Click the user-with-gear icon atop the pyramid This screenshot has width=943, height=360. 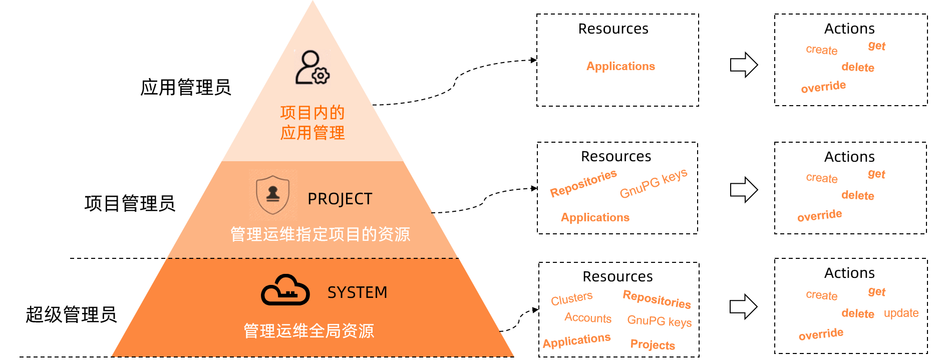click(x=312, y=67)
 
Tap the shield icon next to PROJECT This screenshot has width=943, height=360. click(x=272, y=194)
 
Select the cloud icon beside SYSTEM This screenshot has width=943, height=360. click(x=285, y=290)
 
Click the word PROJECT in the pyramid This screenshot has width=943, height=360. click(x=340, y=199)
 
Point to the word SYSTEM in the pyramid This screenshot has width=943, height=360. click(x=357, y=292)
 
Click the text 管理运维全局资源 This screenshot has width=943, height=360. click(x=308, y=331)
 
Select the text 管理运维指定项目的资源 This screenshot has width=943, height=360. click(x=320, y=234)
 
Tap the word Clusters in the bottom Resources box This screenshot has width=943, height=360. click(x=571, y=298)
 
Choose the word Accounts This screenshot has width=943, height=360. click(x=588, y=318)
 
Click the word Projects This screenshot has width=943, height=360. click(x=653, y=344)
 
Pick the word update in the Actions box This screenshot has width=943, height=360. click(x=901, y=313)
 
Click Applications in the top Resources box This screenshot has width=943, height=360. click(x=620, y=66)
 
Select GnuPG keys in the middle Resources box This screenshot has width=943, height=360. click(x=654, y=184)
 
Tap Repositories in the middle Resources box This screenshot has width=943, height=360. click(x=583, y=183)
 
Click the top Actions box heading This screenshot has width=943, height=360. click(x=849, y=29)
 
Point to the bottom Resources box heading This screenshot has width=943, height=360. click(x=617, y=276)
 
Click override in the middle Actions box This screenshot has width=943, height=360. click(x=820, y=216)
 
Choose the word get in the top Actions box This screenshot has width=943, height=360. click(x=876, y=46)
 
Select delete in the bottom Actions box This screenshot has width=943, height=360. click(x=857, y=314)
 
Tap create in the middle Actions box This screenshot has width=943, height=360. click(x=821, y=178)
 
